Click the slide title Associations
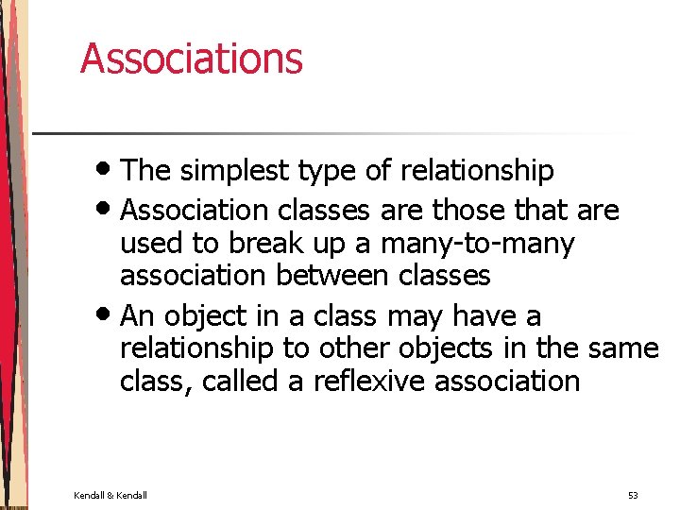click(x=192, y=58)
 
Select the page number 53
click(x=632, y=495)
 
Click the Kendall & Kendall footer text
click(x=110, y=495)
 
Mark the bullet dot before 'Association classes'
click(x=109, y=210)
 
